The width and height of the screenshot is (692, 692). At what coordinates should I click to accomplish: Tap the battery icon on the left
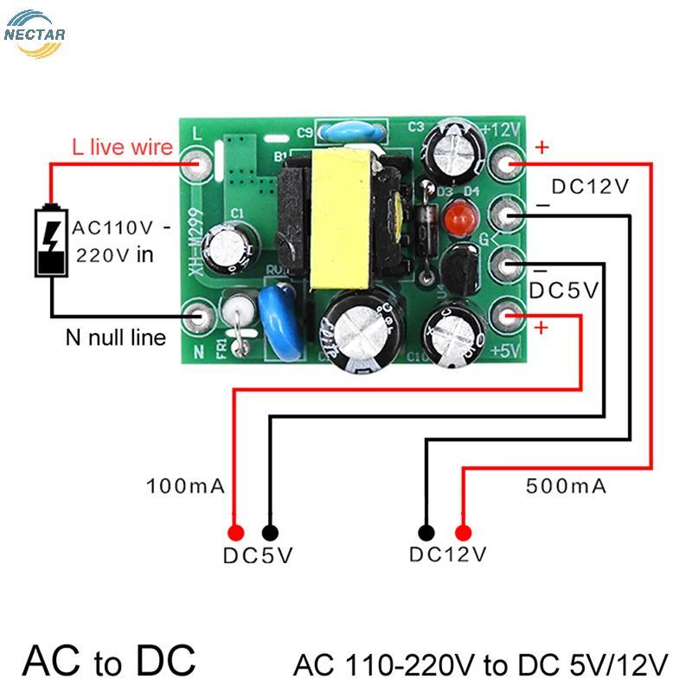[51, 241]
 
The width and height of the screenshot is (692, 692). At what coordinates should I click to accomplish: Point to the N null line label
[115, 337]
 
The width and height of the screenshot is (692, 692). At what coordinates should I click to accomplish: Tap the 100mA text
[186, 486]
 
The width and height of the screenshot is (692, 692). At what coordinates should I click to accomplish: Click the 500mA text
[567, 486]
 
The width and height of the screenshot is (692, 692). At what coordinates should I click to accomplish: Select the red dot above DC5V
[234, 533]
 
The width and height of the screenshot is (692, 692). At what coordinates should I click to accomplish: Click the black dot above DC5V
[270, 533]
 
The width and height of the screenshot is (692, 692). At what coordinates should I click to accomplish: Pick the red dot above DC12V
[464, 533]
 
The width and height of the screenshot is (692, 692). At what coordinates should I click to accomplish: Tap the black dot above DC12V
[426, 533]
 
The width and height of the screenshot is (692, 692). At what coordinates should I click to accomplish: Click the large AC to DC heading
[109, 660]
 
